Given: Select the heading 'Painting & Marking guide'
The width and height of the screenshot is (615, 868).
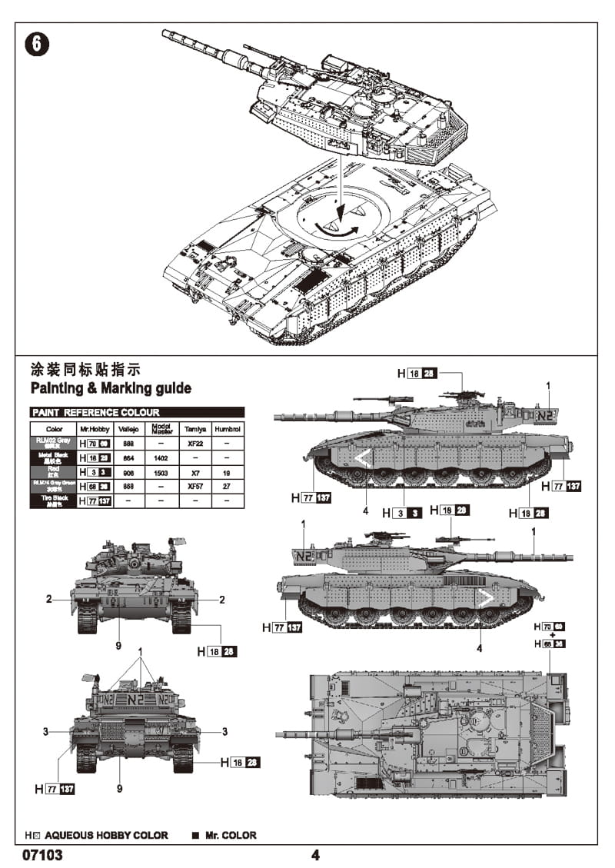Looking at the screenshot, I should click(x=110, y=388).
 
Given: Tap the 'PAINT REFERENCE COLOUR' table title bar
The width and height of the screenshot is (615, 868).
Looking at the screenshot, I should click(x=137, y=413).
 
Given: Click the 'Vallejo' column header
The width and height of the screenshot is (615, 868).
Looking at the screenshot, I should click(x=128, y=428).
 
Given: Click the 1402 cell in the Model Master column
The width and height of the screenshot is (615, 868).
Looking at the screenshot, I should click(x=161, y=457).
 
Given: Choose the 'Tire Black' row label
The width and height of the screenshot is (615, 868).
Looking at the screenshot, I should click(x=54, y=501).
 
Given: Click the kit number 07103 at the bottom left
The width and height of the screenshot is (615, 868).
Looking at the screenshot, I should click(x=43, y=854).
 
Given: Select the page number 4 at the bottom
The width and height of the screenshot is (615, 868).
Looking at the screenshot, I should click(x=315, y=855).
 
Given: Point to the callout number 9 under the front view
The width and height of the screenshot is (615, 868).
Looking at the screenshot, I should click(x=118, y=646).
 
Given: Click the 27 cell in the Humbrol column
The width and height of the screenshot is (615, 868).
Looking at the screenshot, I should click(x=228, y=487).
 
